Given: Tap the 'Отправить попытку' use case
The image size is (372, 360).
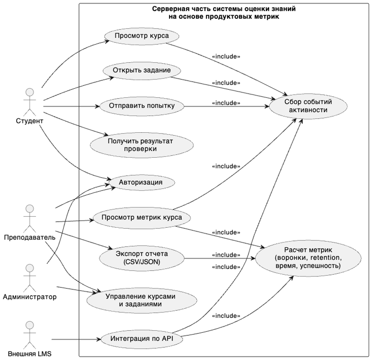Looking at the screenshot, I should click(141, 106).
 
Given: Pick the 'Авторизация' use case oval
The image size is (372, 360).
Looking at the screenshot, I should click(140, 182).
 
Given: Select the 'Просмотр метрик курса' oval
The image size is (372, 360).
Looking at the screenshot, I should click(141, 217).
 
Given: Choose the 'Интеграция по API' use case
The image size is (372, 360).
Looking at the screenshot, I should click(141, 339).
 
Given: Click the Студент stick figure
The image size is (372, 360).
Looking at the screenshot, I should click(28, 101).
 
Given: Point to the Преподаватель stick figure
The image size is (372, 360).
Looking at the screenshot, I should click(28, 218).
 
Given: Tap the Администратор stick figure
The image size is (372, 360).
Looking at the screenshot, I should click(28, 277).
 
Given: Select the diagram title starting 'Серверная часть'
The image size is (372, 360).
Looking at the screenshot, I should click(224, 12).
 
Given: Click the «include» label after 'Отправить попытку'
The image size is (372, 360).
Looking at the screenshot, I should click(226, 103).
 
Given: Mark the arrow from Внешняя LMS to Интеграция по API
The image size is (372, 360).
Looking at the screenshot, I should click(76, 339).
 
